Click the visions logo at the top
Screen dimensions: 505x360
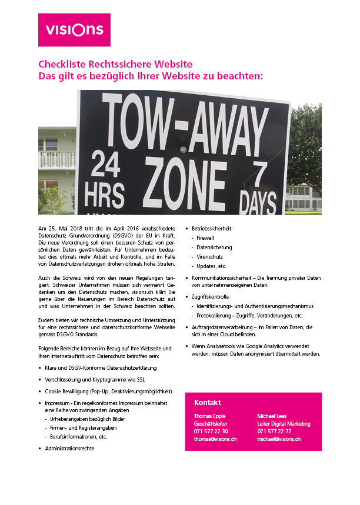click(x=74, y=30)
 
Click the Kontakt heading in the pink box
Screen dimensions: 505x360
click(x=208, y=403)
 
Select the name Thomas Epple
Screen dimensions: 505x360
click(x=209, y=416)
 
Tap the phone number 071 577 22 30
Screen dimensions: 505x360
click(x=211, y=432)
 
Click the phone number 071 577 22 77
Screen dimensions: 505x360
click(x=274, y=432)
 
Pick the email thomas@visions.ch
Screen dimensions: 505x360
click(x=215, y=439)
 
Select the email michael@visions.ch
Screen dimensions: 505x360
click(x=279, y=439)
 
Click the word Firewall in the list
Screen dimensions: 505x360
click(x=205, y=238)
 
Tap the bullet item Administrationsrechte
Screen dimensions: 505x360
click(x=69, y=448)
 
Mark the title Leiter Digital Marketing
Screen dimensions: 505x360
click(x=284, y=424)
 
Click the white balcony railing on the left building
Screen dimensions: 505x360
click(x=57, y=160)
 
